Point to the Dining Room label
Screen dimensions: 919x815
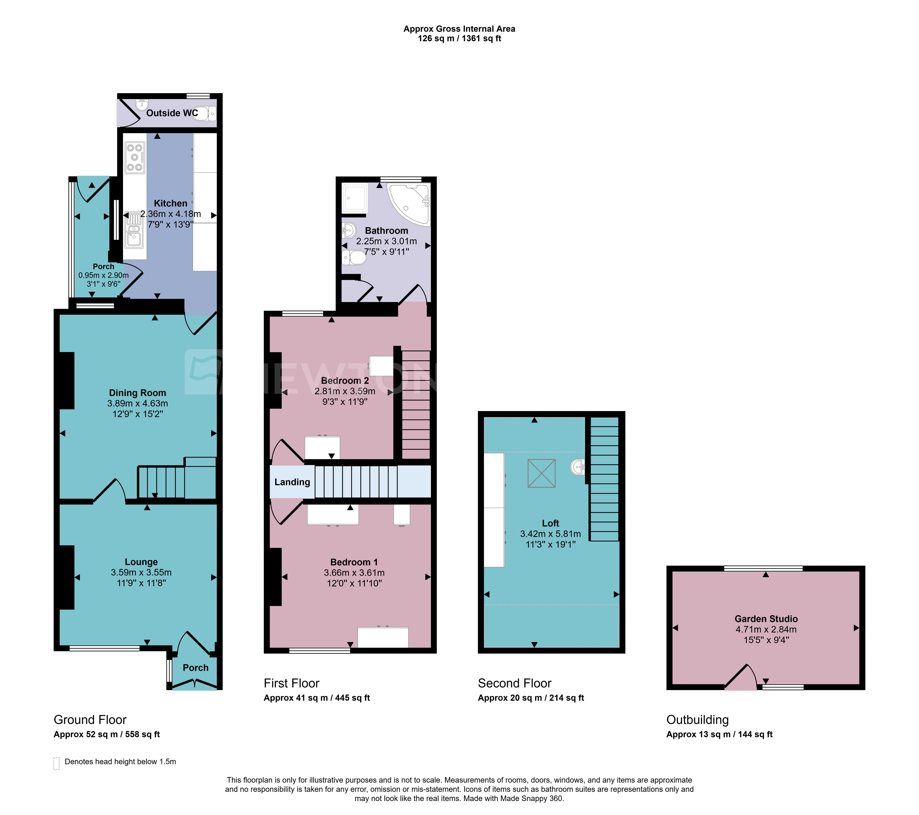138,393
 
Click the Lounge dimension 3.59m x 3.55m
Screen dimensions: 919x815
141,572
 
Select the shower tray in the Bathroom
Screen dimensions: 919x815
355,198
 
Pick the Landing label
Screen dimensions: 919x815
292,482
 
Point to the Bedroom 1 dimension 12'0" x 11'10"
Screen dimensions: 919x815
354,583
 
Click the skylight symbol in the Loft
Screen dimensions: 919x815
541,473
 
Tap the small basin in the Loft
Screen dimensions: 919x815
577,467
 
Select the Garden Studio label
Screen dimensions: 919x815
766,619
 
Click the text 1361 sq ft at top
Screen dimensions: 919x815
482,38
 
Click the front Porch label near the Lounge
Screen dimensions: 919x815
196,668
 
